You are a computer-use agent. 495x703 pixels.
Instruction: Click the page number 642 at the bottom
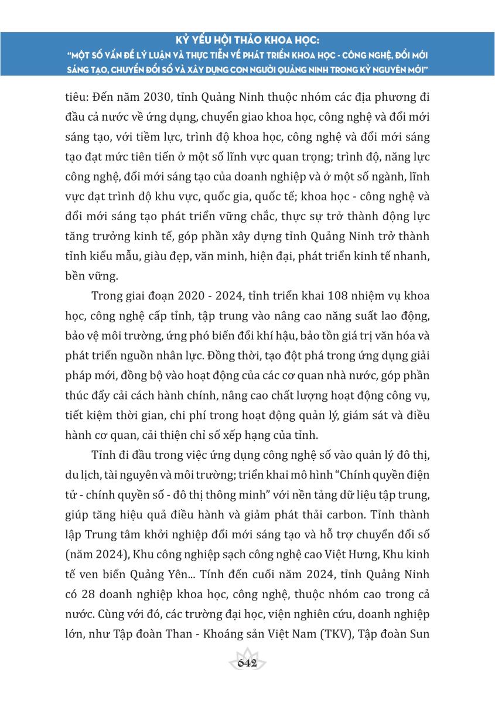point(248,663)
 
